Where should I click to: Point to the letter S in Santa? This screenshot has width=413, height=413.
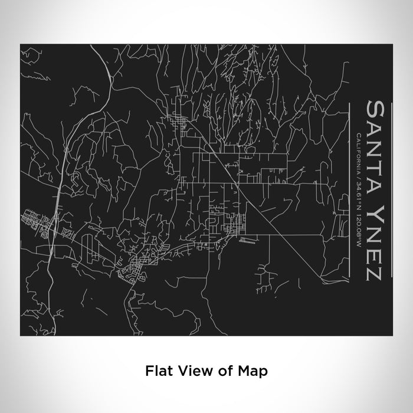coord(376,109)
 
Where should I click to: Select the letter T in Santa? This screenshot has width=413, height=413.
coord(376,156)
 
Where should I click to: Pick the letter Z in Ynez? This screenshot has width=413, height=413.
coord(376,271)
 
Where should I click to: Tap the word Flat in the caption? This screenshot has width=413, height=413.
coord(156,371)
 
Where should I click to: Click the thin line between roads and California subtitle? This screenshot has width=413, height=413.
coord(350,189)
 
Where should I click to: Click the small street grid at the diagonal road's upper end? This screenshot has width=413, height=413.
coord(176,124)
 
